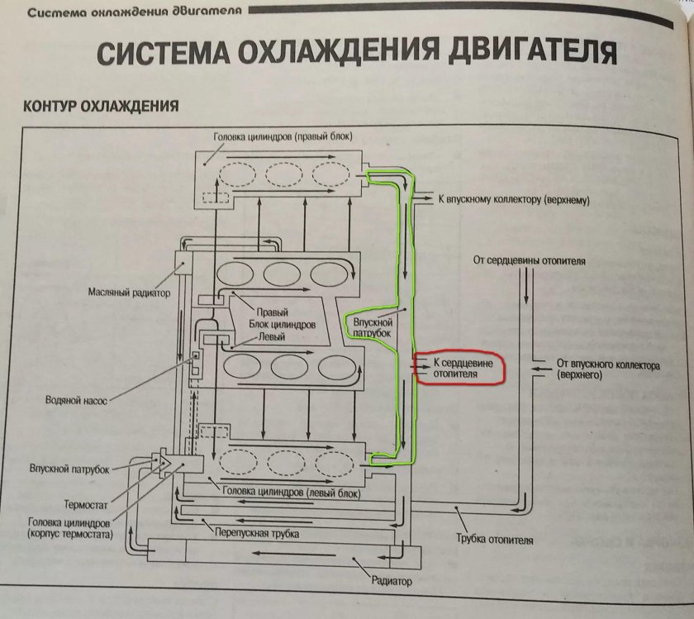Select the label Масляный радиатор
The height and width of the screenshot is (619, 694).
click(x=128, y=293)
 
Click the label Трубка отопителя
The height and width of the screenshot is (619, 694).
click(x=494, y=540)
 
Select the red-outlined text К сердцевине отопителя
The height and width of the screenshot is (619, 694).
click(x=467, y=368)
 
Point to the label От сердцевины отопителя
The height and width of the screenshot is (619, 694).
click(x=529, y=261)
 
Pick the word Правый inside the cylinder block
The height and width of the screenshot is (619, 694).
click(x=272, y=313)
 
